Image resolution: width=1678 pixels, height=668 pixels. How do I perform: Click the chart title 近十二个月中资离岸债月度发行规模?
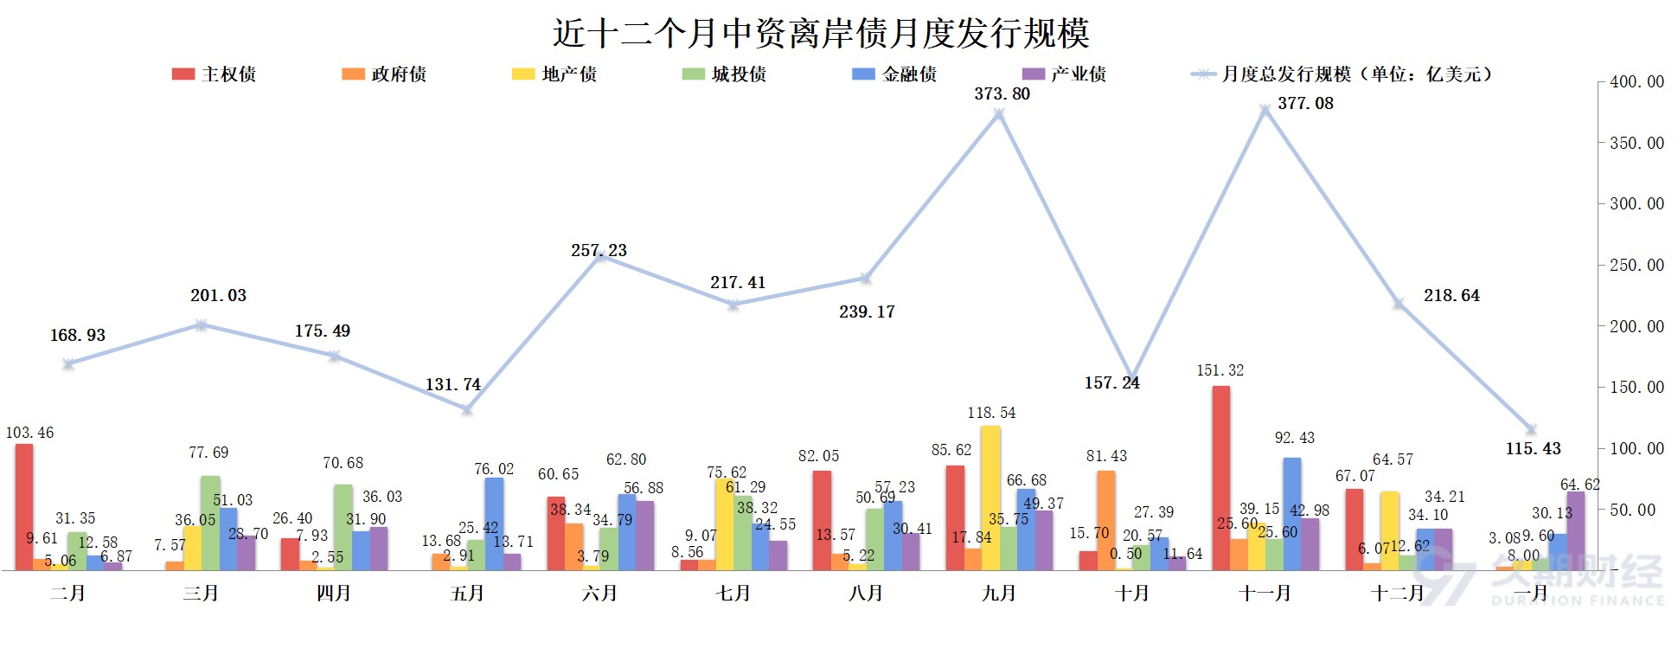[x=820, y=34]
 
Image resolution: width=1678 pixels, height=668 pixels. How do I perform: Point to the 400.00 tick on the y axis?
[x=1636, y=82]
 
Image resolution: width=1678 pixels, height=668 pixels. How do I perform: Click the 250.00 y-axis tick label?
[x=1636, y=266]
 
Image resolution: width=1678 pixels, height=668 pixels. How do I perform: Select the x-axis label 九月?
[x=999, y=594]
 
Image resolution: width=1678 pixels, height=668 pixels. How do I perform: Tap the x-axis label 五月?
[x=467, y=594]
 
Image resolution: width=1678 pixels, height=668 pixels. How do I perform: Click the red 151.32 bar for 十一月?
[x=1220, y=478]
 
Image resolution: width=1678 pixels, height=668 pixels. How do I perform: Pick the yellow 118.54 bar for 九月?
[x=990, y=498]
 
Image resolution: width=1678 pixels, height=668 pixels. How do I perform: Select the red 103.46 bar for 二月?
[x=24, y=507]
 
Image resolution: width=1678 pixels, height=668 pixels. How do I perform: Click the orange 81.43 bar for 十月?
[x=1105, y=520]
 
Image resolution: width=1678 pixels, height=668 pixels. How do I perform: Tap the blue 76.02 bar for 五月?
[x=494, y=523]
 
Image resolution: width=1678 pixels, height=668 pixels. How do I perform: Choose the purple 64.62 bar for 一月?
[x=1576, y=530]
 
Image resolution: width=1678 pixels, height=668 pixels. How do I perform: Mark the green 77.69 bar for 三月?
[x=210, y=523]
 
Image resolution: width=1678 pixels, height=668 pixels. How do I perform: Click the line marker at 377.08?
[x=1265, y=110]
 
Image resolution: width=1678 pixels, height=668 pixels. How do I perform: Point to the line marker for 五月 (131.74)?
[x=467, y=409]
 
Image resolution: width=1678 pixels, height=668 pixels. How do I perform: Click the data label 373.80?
[x=1002, y=94]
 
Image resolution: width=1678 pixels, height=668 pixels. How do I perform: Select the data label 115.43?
[x=1533, y=449]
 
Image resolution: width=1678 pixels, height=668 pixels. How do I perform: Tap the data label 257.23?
[x=599, y=251]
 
